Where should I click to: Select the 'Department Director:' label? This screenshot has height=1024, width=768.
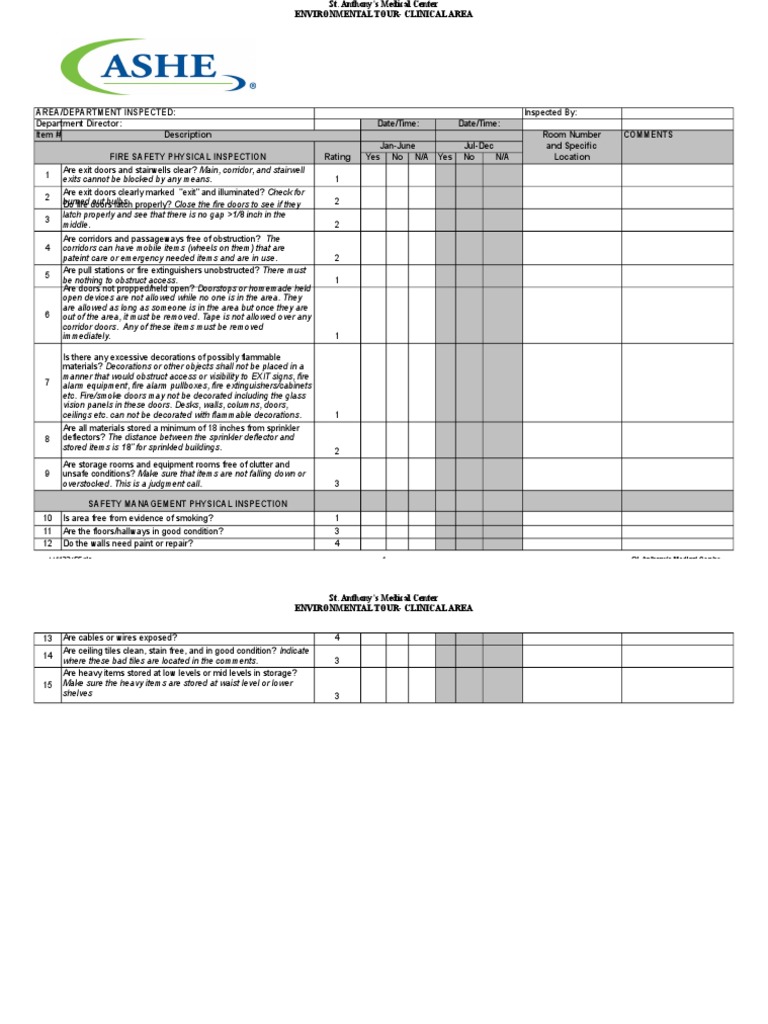(79, 124)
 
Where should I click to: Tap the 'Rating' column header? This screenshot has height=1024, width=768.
(337, 157)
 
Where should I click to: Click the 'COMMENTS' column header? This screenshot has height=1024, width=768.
(648, 135)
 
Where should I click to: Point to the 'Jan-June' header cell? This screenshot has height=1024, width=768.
(397, 146)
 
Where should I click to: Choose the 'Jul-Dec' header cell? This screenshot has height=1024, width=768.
(478, 146)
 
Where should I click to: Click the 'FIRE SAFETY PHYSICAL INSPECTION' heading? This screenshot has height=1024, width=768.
(188, 157)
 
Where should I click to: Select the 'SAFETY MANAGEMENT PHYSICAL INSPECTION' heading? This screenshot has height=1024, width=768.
(188, 504)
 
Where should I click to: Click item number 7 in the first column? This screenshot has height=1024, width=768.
(47, 383)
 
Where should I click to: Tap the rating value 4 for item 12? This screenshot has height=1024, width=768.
(337, 544)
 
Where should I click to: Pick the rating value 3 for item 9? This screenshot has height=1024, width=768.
(337, 483)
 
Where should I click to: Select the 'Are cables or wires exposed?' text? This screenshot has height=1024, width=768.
(120, 638)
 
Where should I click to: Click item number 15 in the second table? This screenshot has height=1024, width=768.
(47, 685)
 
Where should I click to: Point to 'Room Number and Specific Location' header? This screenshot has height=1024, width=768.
(571, 146)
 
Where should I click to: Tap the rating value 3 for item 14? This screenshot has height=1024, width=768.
(337, 661)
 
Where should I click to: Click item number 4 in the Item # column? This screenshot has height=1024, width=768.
(47, 248)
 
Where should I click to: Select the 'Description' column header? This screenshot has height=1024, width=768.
(188, 135)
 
